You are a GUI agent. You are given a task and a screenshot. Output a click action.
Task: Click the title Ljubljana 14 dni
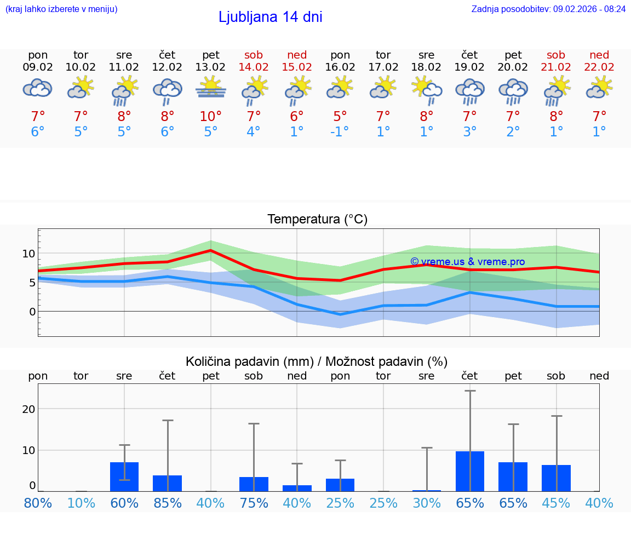pyautogui.click(x=270, y=17)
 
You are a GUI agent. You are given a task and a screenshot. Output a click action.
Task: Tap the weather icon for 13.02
pyautogui.click(x=211, y=88)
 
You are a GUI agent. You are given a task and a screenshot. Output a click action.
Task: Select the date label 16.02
pyautogui.click(x=340, y=67)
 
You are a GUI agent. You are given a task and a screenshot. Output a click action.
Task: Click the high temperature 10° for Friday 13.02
pyautogui.click(x=211, y=117)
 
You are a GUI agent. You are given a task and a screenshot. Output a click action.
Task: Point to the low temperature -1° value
pyautogui.click(x=340, y=132)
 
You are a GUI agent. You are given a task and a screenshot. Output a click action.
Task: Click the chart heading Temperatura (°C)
pyautogui.click(x=317, y=219)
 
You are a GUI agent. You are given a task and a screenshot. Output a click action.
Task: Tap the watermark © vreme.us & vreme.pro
pyautogui.click(x=467, y=262)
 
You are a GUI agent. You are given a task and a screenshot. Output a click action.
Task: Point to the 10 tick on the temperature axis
pyautogui.click(x=28, y=254)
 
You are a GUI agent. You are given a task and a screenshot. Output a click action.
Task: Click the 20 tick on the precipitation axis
pyautogui.click(x=28, y=409)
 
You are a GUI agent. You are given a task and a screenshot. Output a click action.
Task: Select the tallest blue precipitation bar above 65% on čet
pyautogui.click(x=469, y=471)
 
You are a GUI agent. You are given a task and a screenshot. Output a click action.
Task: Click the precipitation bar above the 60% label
pyautogui.click(x=124, y=476)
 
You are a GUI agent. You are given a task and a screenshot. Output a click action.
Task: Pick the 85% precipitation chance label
pyautogui.click(x=168, y=503)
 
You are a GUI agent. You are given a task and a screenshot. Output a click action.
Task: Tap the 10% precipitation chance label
pyautogui.click(x=81, y=503)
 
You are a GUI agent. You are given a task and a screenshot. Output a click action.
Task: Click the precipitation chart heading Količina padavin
pyautogui.click(x=317, y=361)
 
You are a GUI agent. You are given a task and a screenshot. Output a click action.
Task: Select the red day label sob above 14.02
pyautogui.click(x=254, y=55)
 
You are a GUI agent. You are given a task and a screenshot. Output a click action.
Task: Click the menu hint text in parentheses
pyautogui.click(x=61, y=9)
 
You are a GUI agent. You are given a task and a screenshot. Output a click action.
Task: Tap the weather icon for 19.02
pyautogui.click(x=469, y=91)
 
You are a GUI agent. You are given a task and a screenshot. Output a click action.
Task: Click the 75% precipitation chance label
pyautogui.click(x=254, y=503)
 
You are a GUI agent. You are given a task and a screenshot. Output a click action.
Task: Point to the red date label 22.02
pyautogui.click(x=599, y=67)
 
